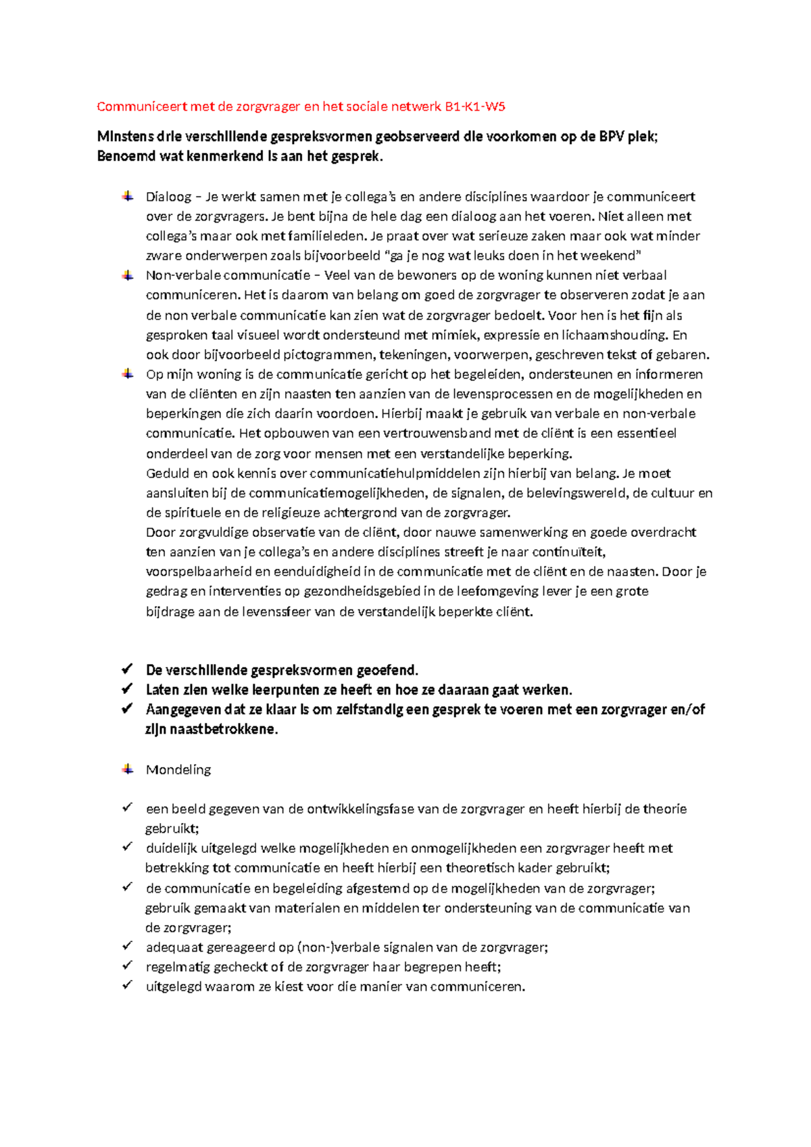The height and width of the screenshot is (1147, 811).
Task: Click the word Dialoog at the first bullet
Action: (168, 197)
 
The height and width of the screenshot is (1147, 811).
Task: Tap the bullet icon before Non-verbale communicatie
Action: (127, 275)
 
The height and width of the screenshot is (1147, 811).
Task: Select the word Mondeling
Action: (178, 770)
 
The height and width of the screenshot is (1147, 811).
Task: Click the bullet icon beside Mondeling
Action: (127, 769)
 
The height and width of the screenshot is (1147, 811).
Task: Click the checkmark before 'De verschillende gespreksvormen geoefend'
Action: (127, 670)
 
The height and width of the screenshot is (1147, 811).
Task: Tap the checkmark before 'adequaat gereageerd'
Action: (127, 946)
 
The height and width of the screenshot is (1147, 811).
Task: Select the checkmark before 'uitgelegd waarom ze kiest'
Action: (127, 985)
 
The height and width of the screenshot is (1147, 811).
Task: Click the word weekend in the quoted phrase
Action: (610, 256)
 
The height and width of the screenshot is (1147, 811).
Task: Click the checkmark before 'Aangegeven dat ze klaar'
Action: (127, 709)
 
